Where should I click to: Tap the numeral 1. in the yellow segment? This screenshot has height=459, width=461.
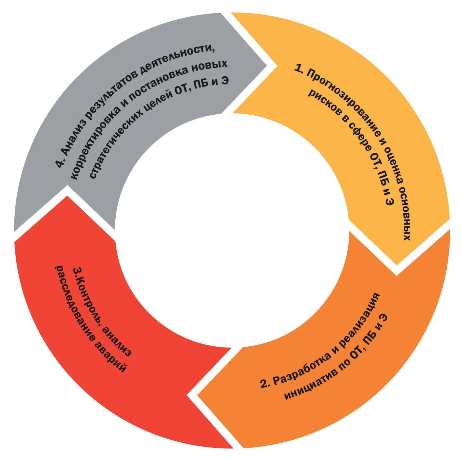pos(299,68)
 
